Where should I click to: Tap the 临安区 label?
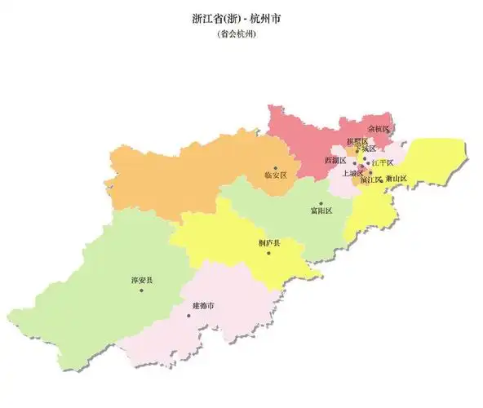pos(276,175)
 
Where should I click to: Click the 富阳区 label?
pos(321,211)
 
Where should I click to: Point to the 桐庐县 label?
pos(268,242)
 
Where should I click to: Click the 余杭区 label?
pos(379,129)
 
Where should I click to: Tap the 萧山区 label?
pos(397,178)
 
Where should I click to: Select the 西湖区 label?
pos(336,161)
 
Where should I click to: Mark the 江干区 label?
pos(383,163)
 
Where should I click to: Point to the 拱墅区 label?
pos(357,141)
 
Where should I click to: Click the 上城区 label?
pos(352,173)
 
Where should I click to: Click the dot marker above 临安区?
pos(276,167)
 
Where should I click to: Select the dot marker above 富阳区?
pos(321,203)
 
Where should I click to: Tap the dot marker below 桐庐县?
pos(268,251)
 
